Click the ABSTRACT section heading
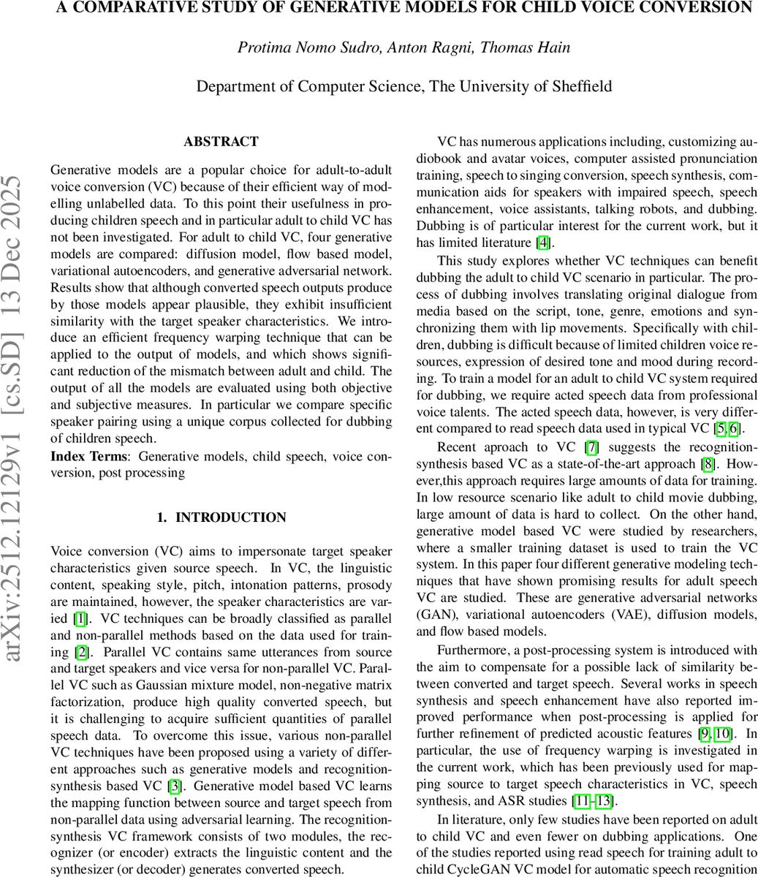pyautogui.click(x=221, y=142)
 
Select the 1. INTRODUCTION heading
pyautogui.click(x=221, y=517)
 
